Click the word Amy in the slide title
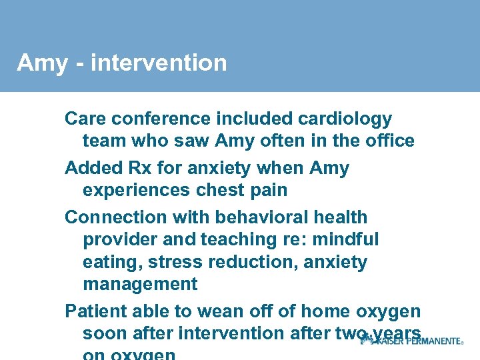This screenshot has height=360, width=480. point(42,63)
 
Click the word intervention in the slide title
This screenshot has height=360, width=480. point(159,63)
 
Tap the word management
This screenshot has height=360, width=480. point(140,285)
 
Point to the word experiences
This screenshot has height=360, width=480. point(138,190)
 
